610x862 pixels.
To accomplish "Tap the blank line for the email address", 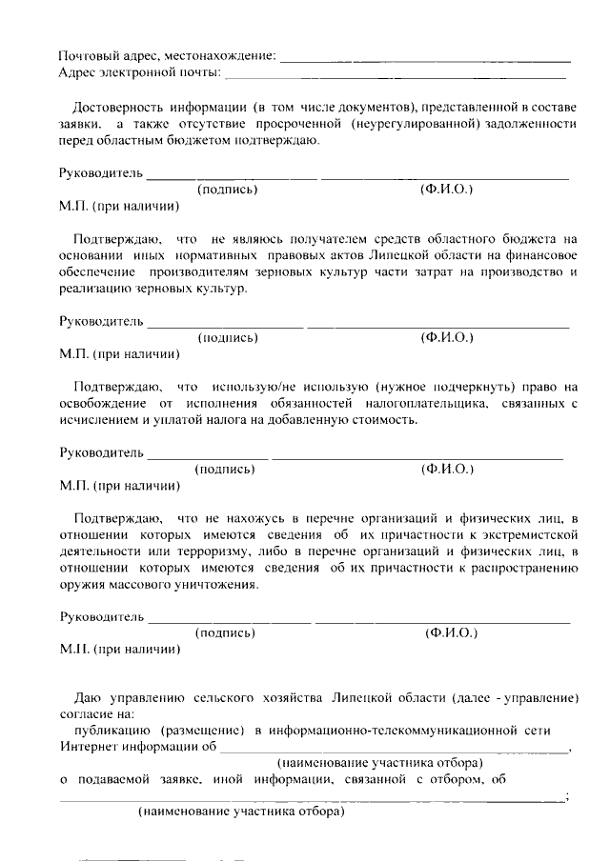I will (395, 76).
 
